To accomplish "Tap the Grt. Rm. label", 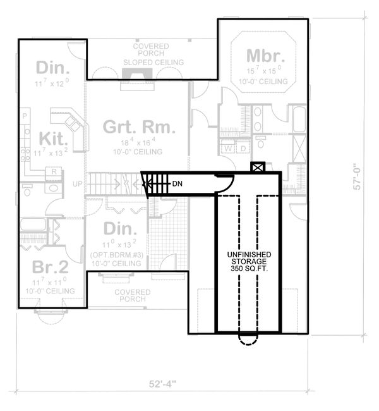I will pyautogui.click(x=136, y=128).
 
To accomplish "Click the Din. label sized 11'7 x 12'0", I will pyautogui.click(x=53, y=67).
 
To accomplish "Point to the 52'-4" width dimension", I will pyautogui.click(x=162, y=383).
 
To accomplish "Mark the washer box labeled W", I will pyautogui.click(x=229, y=149).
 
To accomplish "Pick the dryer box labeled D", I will pyautogui.click(x=243, y=149).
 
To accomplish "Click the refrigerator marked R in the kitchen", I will pyautogui.click(x=54, y=171).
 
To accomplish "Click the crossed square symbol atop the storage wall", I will pyautogui.click(x=256, y=168).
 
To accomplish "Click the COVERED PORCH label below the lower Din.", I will pyautogui.click(x=133, y=296).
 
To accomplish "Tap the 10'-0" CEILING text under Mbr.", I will pyautogui.click(x=265, y=82).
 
